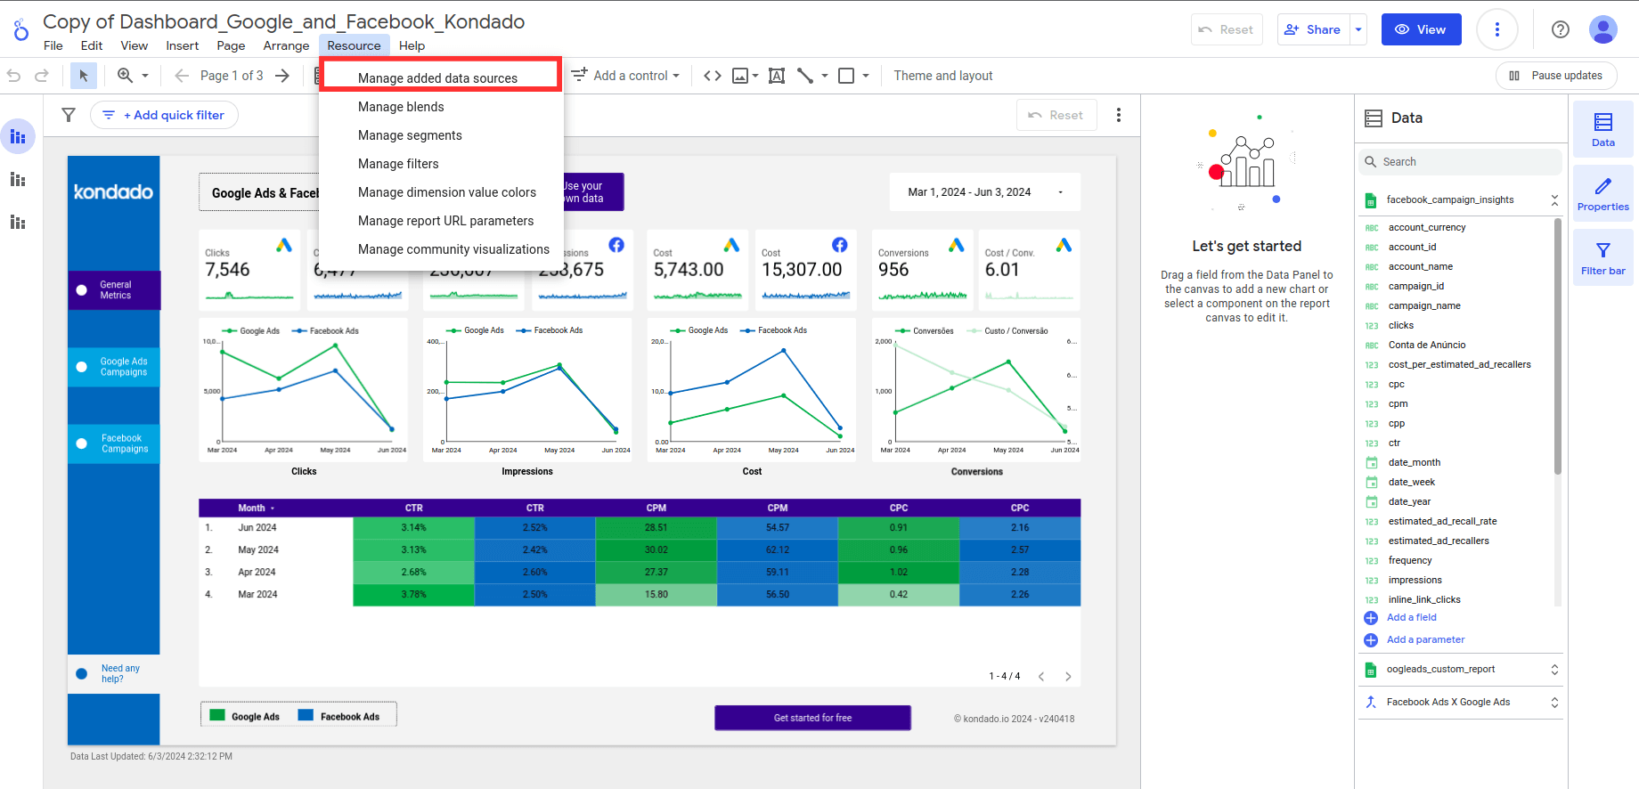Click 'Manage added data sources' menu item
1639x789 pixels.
click(437, 78)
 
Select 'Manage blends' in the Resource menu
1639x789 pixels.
click(401, 107)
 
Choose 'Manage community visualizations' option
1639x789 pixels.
click(453, 249)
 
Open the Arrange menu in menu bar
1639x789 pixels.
click(286, 45)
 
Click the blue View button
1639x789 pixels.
click(1421, 29)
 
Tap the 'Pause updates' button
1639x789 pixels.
click(1556, 76)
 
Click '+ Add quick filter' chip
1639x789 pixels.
click(164, 115)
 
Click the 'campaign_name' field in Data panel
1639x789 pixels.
click(1423, 305)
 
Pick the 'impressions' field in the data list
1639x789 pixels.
click(1415, 580)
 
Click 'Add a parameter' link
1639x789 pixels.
click(1424, 639)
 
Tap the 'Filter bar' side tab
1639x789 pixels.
click(1602, 257)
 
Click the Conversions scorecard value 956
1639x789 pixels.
click(893, 270)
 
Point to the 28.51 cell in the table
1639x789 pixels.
click(656, 527)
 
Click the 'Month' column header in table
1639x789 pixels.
click(252, 508)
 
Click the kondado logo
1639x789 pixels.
click(113, 192)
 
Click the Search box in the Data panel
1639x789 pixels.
click(1461, 162)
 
